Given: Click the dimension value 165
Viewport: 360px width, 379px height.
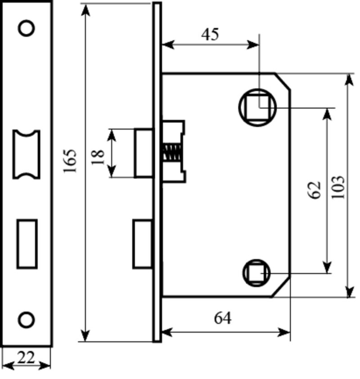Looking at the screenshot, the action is pos(70,161).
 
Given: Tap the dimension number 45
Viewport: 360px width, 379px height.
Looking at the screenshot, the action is pos(210,34).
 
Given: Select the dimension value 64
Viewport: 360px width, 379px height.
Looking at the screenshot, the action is pos(223,318).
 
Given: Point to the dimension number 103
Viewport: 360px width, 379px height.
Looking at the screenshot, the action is pos(338,187).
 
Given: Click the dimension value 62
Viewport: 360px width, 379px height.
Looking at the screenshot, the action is pos(315,190).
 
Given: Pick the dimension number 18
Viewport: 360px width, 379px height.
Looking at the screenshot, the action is pos(98,157).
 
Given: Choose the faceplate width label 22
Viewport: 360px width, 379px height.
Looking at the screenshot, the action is pos(26,358).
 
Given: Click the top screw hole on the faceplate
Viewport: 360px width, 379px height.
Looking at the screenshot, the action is pos(27,28).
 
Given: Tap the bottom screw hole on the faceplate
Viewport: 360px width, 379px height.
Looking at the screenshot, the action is pos(27,320).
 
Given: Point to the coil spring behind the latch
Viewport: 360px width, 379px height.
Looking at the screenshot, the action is pos(172,153).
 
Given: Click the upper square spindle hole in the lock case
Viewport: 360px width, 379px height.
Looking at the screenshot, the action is pos(257,107).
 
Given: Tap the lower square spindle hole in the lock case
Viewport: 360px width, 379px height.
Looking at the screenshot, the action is pos(256,273).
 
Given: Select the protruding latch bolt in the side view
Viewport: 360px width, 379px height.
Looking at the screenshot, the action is pos(144,153).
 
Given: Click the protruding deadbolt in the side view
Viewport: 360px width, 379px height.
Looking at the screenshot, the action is pos(143,244).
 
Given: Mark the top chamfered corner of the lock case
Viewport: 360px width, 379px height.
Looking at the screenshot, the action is pos(283,81).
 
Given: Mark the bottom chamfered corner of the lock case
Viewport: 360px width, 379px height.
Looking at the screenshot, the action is pos(281,287).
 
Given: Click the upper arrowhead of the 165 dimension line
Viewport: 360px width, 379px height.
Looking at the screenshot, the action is pos(85,10).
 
